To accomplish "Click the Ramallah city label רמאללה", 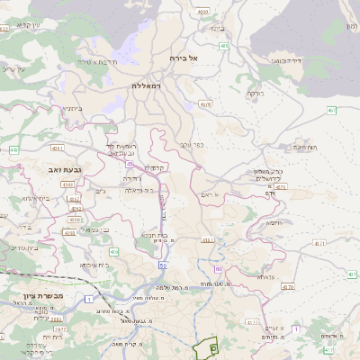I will click(x=146, y=85).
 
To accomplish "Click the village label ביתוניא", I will click(x=74, y=109).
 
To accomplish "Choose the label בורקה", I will click(x=256, y=93).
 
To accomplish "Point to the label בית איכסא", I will click(x=94, y=265).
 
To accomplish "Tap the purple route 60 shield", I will click(x=218, y=269).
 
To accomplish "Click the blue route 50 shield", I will click(x=163, y=266).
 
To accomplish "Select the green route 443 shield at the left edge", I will click(x=13, y=149).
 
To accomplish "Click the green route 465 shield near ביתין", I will click(x=223, y=45).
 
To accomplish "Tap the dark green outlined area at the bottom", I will click(x=213, y=346).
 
